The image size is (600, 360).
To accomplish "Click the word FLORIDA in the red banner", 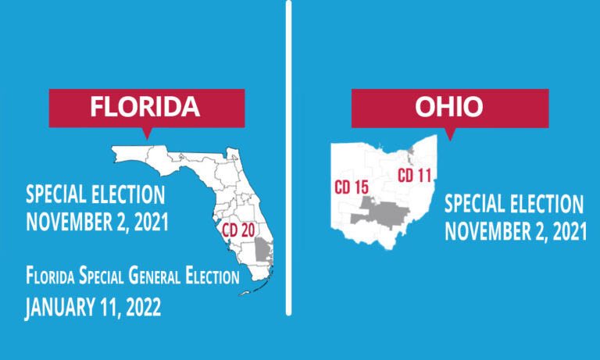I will coord(145,108).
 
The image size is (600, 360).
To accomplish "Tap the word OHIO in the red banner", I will coord(448,108).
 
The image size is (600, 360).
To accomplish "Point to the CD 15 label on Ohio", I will coord(352,187).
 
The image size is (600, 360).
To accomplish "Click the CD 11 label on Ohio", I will coord(415,176).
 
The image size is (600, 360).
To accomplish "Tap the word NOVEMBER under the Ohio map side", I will coord(487,231).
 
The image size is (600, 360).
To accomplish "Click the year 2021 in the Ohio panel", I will coord(566,231).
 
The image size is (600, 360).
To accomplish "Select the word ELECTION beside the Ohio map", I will coord(546,205).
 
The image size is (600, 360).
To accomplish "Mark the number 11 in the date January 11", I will coord(109,306).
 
